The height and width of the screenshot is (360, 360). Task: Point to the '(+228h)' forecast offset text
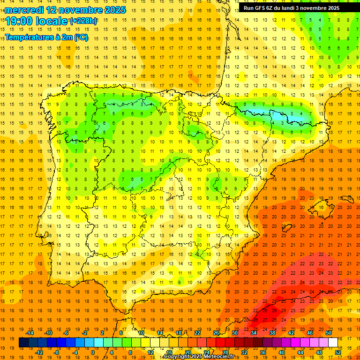pyautogui.click(x=83, y=21)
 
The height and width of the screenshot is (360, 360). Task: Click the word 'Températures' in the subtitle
pyautogui.click(x=28, y=37)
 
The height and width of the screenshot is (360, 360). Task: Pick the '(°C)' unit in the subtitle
pyautogui.click(x=80, y=37)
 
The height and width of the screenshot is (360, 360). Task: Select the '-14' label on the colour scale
pyautogui.click(x=30, y=333)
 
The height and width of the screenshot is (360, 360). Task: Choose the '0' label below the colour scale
pyautogui.click(x=93, y=352)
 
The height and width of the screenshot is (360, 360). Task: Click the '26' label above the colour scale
pyautogui.click(x=216, y=333)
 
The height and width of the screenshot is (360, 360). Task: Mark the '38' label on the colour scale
pyautogui.click(x=272, y=333)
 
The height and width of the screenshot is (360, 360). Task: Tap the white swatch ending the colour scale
pyautogui.click(x=333, y=343)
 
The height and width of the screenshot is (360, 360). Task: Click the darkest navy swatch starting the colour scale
pyautogui.click(x=23, y=343)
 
